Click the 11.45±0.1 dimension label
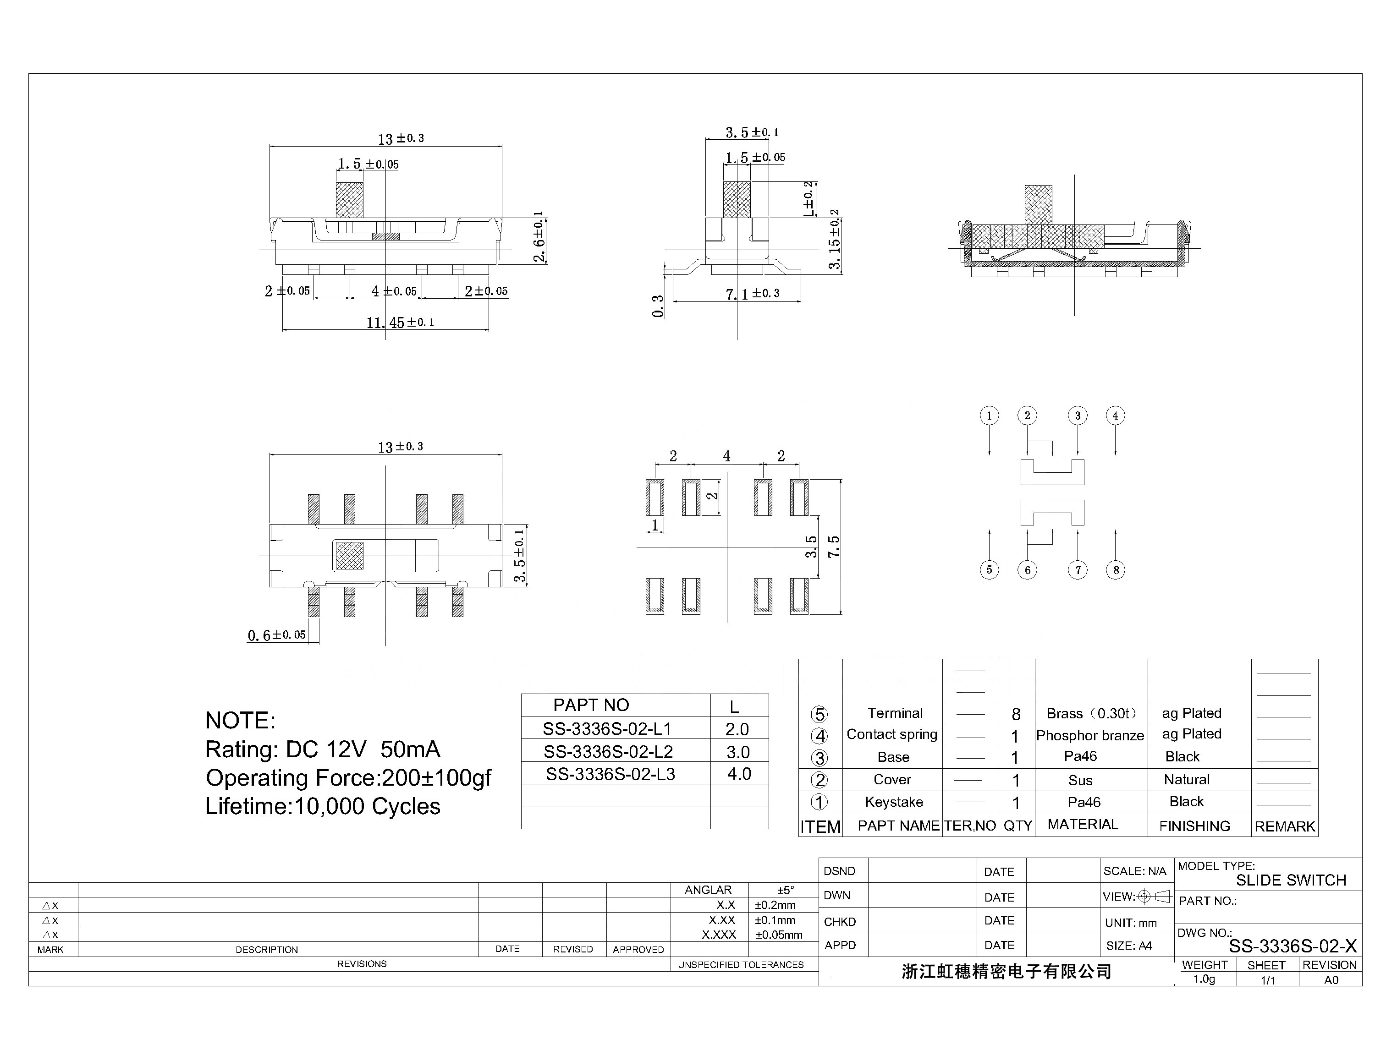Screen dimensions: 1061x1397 click(x=400, y=323)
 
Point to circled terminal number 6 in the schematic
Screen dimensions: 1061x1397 click(x=1028, y=570)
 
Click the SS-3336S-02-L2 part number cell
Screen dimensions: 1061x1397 click(x=608, y=751)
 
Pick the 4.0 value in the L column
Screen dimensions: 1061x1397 click(x=739, y=774)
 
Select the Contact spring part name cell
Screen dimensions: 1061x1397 click(x=891, y=734)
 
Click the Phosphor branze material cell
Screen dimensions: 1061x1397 click(x=1090, y=736)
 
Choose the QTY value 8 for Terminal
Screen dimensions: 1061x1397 click(x=1015, y=714)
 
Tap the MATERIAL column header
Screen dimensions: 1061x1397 click(x=1082, y=825)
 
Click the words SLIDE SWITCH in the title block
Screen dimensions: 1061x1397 click(x=1291, y=881)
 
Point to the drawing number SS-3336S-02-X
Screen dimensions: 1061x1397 click(x=1292, y=946)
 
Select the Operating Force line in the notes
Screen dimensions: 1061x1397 click(x=348, y=778)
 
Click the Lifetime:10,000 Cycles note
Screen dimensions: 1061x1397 click(x=322, y=806)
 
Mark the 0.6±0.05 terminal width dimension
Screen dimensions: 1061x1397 click(x=277, y=635)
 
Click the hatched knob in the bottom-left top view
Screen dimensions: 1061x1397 click(x=349, y=556)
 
